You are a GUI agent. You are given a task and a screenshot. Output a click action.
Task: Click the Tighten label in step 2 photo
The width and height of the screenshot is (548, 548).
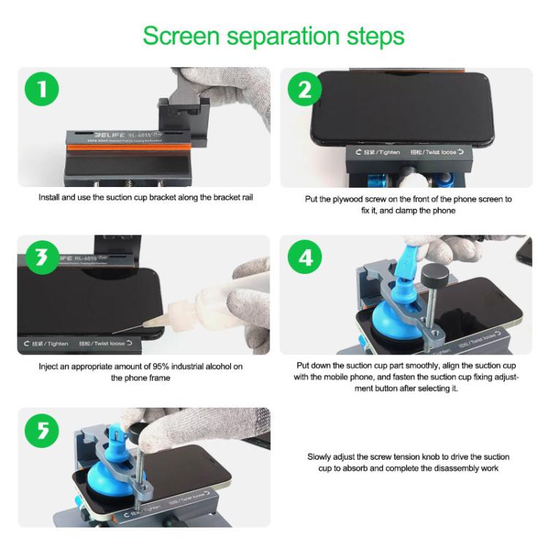[x=378, y=153]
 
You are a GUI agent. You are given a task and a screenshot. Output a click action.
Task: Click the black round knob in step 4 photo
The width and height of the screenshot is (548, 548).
[x=436, y=275]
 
